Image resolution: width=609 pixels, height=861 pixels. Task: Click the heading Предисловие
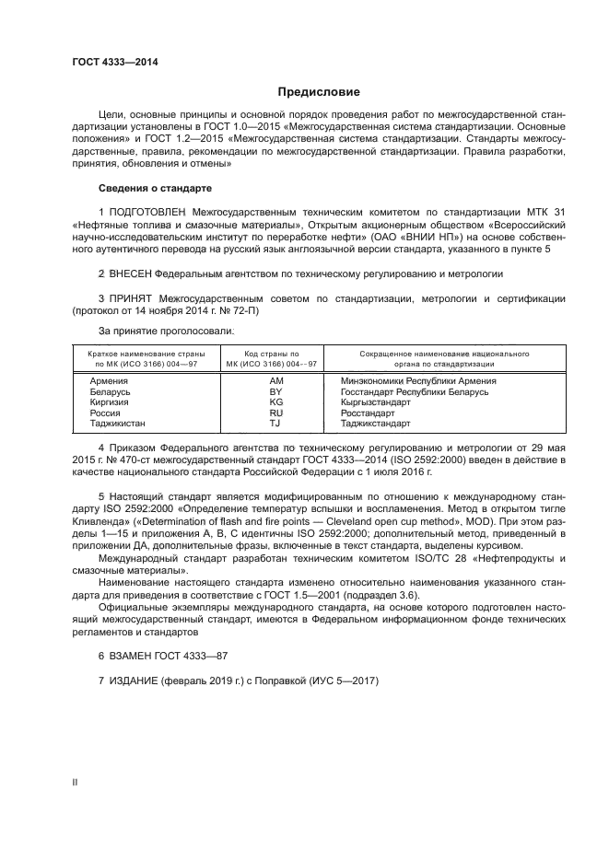(319, 92)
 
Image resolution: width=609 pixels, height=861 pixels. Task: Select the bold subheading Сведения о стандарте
(155, 188)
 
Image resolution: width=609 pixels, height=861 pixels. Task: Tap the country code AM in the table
(276, 380)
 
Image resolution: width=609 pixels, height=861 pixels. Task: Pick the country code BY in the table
(276, 391)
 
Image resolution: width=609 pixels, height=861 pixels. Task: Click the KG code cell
(276, 402)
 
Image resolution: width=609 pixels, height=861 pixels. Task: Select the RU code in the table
(276, 413)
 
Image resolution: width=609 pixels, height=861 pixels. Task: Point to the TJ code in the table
(276, 425)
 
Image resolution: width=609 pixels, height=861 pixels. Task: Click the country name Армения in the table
(109, 380)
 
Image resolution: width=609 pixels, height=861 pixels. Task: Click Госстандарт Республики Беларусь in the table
(414, 391)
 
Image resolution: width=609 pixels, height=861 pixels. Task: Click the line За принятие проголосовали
(166, 330)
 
